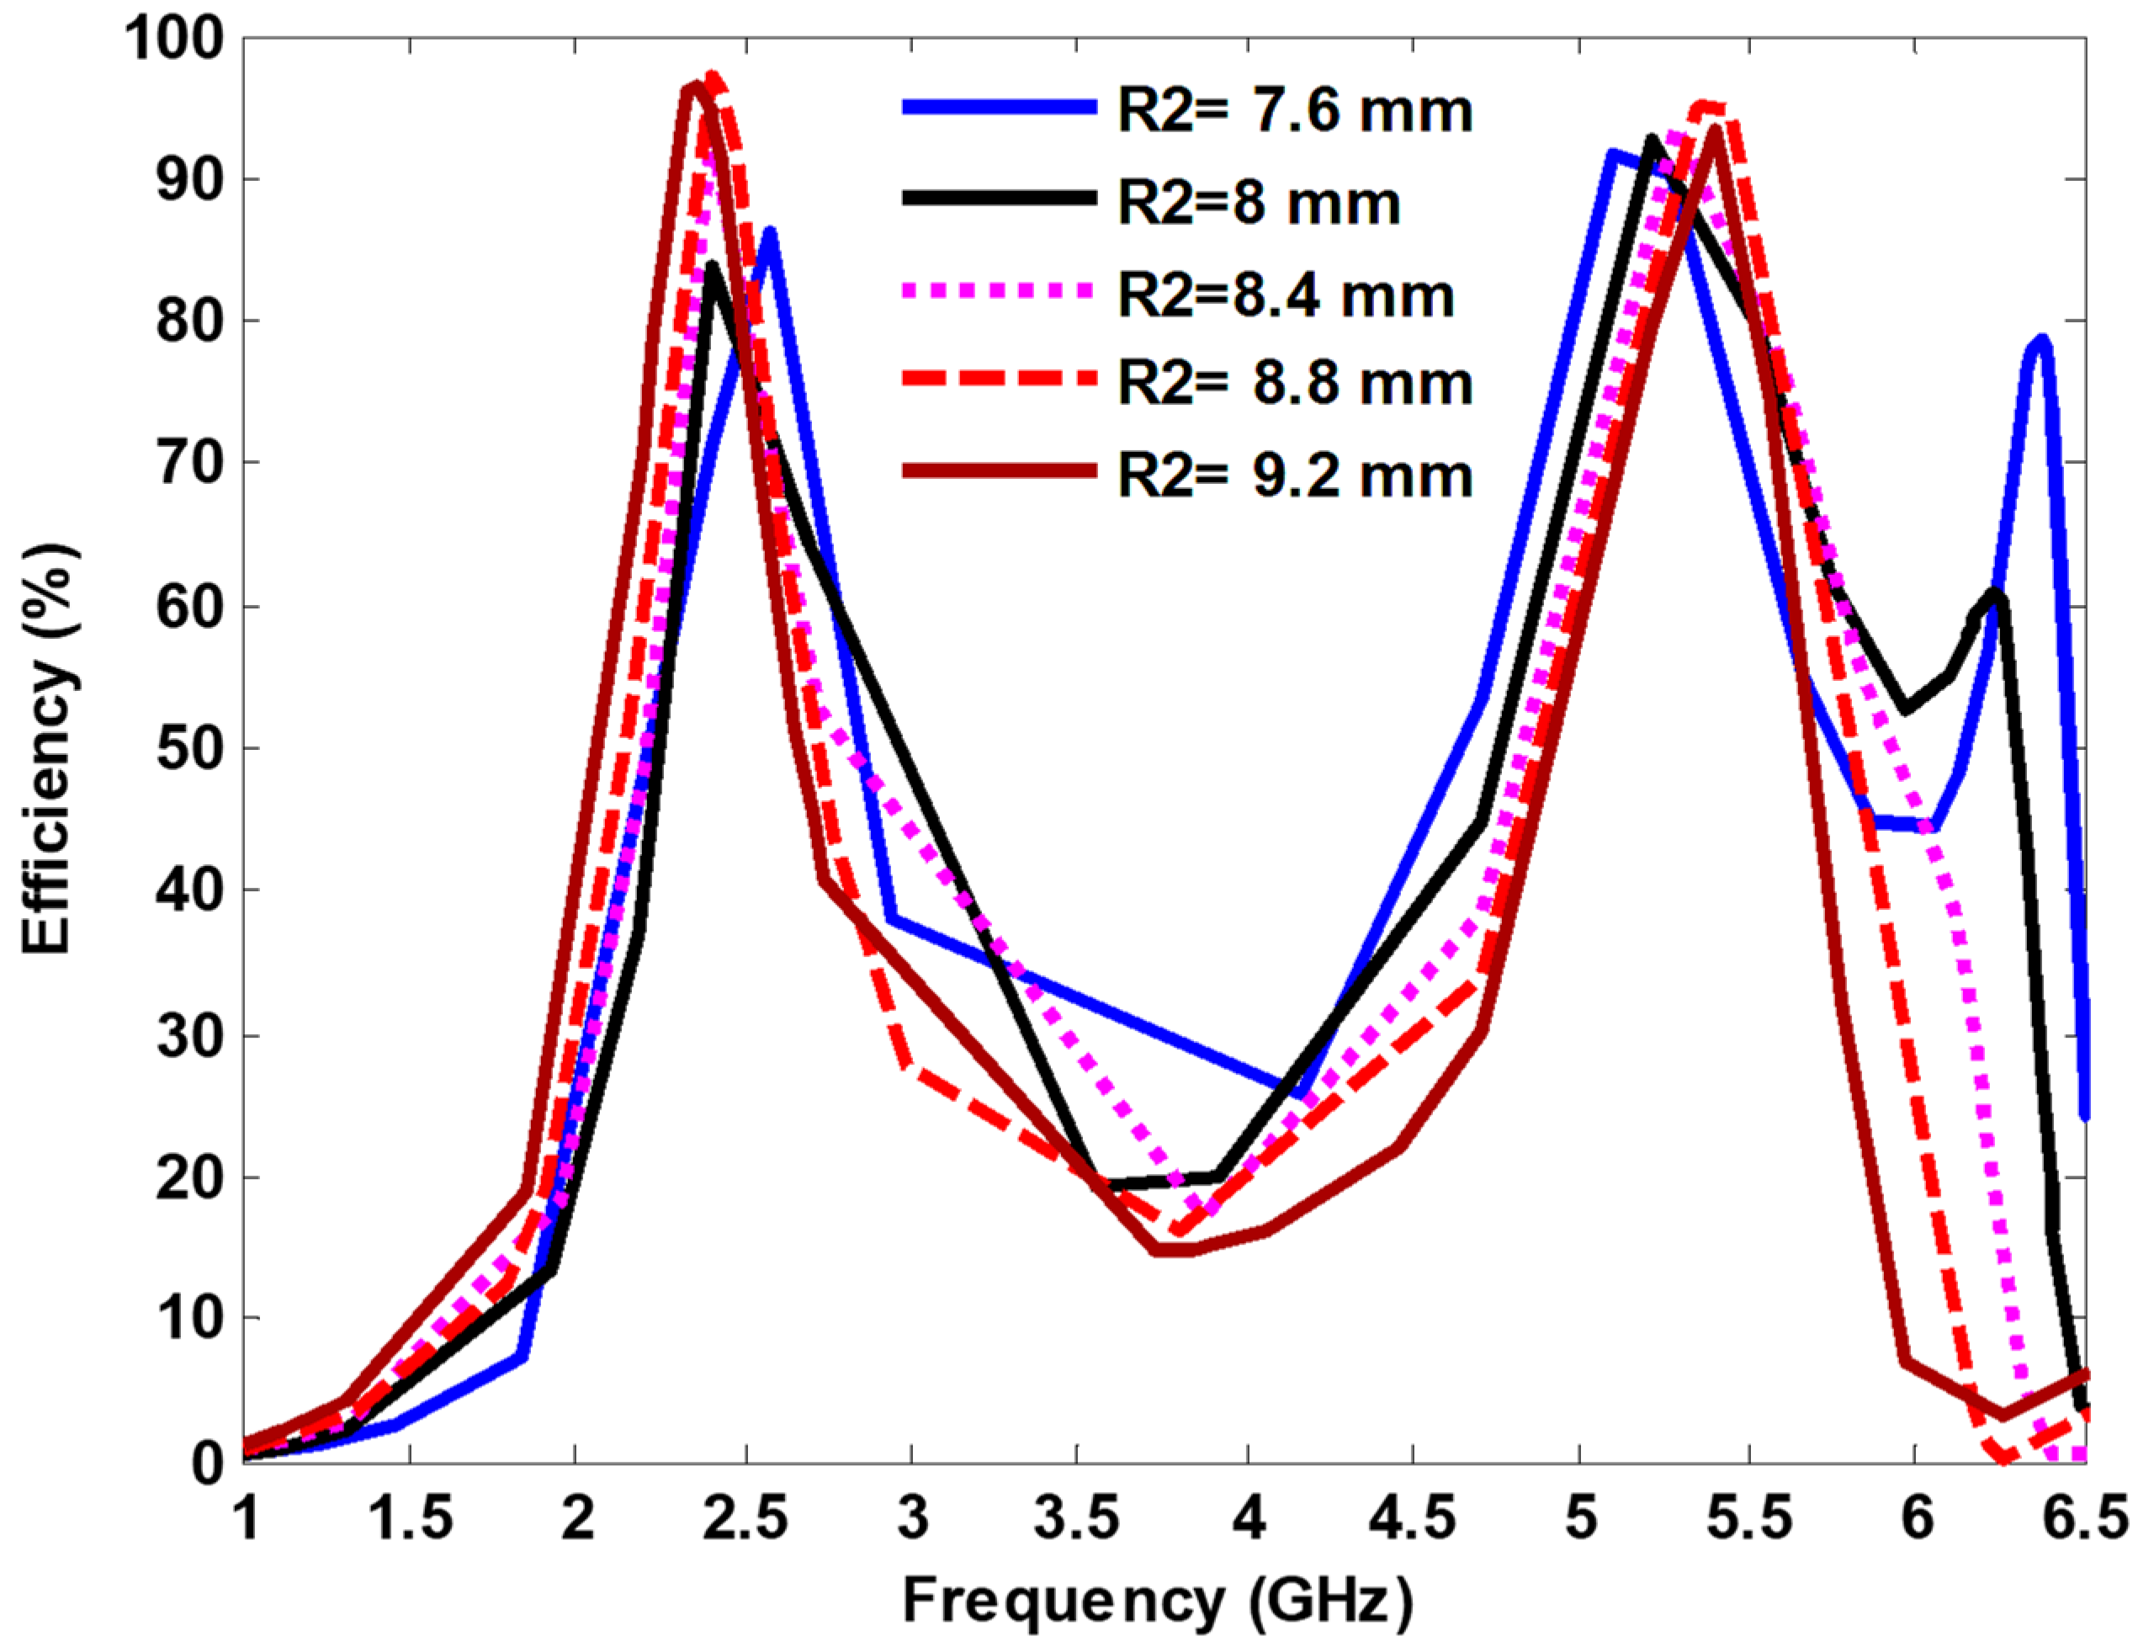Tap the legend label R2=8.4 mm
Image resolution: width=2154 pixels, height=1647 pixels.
click(x=1286, y=295)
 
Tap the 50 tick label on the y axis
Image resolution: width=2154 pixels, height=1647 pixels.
click(x=188, y=748)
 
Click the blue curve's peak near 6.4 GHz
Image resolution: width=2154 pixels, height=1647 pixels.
click(x=2041, y=339)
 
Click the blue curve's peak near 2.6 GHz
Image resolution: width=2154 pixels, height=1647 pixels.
click(x=769, y=232)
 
